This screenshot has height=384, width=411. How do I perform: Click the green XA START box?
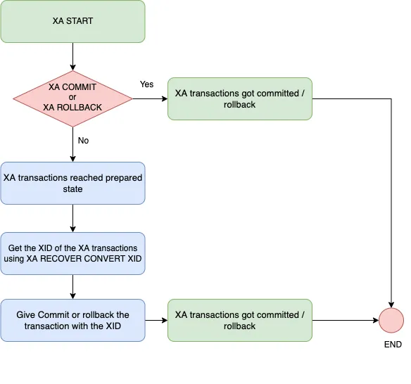(72, 21)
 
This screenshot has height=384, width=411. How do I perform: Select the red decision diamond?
(72, 97)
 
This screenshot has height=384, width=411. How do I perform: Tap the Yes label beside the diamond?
(146, 84)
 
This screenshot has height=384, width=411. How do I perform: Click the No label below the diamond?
(83, 141)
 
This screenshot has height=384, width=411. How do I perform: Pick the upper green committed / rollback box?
(239, 98)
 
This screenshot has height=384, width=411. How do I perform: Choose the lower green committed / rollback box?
(239, 320)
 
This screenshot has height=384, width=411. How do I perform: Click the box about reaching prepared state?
(72, 183)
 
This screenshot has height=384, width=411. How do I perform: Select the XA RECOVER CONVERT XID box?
(72, 253)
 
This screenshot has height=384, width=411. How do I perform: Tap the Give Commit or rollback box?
(72, 320)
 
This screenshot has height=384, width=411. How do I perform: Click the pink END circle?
(391, 320)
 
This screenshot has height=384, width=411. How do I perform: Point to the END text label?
(392, 345)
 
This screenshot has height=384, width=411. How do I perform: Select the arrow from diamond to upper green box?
(149, 98)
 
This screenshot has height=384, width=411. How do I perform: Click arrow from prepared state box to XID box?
(72, 218)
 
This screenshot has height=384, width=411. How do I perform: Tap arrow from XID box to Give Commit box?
(72, 286)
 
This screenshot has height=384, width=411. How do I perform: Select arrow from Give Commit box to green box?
(156, 320)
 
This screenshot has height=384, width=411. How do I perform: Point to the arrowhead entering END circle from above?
(391, 303)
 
